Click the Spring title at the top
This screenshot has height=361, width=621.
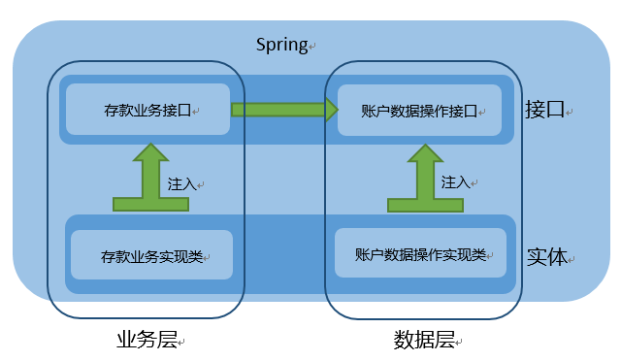pyautogui.click(x=281, y=45)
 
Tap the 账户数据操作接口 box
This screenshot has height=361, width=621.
pyautogui.click(x=419, y=109)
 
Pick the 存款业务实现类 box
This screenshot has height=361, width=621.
pyautogui.click(x=151, y=255)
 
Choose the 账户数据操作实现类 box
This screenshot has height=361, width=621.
pyautogui.click(x=420, y=254)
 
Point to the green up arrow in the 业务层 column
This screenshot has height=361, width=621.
pyautogui.click(x=150, y=179)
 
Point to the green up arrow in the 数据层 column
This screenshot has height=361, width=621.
pyautogui.click(x=423, y=179)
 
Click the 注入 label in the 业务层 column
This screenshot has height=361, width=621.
pyautogui.click(x=181, y=182)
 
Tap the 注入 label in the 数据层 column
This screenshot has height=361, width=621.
pyautogui.click(x=455, y=181)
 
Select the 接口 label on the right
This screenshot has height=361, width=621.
pyautogui.click(x=544, y=109)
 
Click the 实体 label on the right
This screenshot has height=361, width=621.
pyautogui.click(x=546, y=258)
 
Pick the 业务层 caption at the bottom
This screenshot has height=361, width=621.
pyautogui.click(x=146, y=340)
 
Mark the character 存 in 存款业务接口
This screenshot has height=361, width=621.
pyautogui.click(x=110, y=111)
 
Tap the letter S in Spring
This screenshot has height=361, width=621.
pyautogui.click(x=261, y=45)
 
